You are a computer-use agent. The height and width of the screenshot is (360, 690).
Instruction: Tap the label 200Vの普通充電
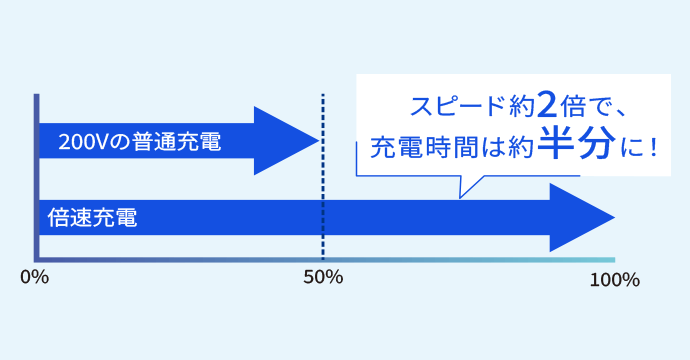(x=140, y=143)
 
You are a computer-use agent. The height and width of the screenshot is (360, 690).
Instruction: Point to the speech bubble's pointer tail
(x=468, y=185)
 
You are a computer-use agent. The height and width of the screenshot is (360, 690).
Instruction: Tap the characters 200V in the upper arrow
(x=80, y=143)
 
